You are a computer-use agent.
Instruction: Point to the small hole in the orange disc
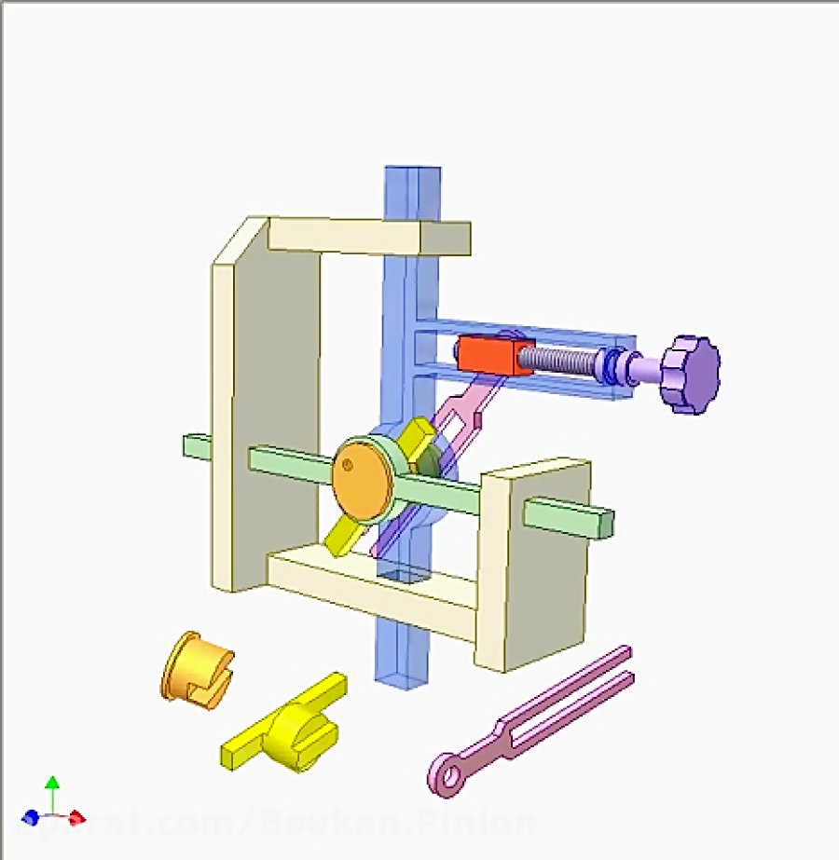(x=347, y=464)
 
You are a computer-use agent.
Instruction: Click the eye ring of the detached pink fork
(x=447, y=775)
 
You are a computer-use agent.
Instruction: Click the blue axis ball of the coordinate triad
(x=31, y=817)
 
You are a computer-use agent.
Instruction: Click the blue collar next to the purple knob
(x=612, y=365)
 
